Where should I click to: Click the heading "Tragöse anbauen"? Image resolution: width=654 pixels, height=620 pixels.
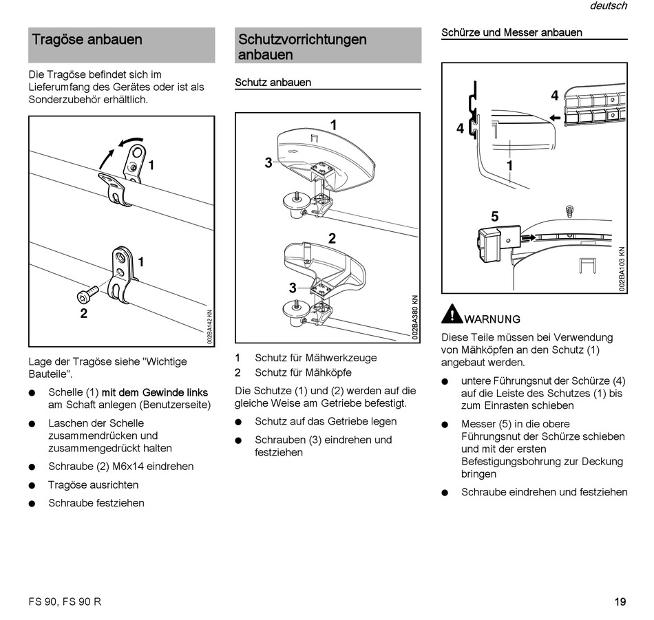[x=87, y=40]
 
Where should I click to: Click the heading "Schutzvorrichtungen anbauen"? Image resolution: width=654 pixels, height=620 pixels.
[x=302, y=47]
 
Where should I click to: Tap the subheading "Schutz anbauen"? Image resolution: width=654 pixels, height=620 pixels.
[x=273, y=83]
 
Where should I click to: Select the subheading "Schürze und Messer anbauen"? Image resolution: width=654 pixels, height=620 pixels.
[x=511, y=32]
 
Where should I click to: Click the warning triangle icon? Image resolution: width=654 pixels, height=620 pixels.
[x=452, y=314]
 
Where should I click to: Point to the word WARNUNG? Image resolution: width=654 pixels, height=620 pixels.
[x=492, y=319]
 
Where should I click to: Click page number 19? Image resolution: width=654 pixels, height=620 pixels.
[x=620, y=601]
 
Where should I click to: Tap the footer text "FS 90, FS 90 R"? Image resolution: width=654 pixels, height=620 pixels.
[x=65, y=601]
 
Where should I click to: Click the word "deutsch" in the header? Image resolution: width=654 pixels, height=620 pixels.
[x=608, y=6]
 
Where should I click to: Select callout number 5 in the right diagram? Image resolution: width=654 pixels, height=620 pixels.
[x=494, y=217]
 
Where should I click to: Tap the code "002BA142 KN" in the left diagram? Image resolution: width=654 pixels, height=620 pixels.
[x=209, y=328]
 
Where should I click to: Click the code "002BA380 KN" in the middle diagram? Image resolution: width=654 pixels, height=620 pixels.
[x=415, y=318]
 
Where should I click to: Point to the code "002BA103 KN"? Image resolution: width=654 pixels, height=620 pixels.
[x=621, y=270]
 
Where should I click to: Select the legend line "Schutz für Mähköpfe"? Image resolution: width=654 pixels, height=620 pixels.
[x=303, y=373]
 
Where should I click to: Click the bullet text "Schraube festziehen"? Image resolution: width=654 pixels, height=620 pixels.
[x=96, y=503]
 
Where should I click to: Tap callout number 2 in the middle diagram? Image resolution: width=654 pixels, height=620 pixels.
[x=332, y=239]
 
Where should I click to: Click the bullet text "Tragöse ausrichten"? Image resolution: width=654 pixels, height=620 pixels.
[x=93, y=485]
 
